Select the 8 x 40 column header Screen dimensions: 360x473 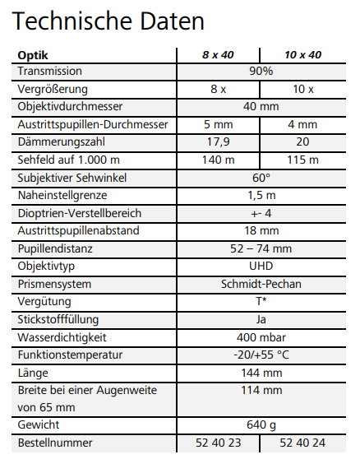coord(218,54)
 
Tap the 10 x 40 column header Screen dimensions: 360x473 coord(302,54)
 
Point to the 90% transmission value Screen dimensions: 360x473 coord(261,72)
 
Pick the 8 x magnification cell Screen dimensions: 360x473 coord(218,89)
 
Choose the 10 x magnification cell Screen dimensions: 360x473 coord(302,89)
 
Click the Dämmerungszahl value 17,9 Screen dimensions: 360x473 coord(218,141)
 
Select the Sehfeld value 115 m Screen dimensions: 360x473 coord(302,160)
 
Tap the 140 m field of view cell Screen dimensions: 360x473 coord(218,160)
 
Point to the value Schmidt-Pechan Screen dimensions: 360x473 coord(261,284)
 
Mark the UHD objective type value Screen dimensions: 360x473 coord(261,266)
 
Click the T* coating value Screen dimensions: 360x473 coord(261,302)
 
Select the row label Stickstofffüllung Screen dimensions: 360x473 coord(59,319)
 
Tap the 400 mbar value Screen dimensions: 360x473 coord(261,337)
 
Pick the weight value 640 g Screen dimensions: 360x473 coord(261,425)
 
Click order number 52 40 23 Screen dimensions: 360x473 coord(218,443)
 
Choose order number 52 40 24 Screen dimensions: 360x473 coord(302,443)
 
